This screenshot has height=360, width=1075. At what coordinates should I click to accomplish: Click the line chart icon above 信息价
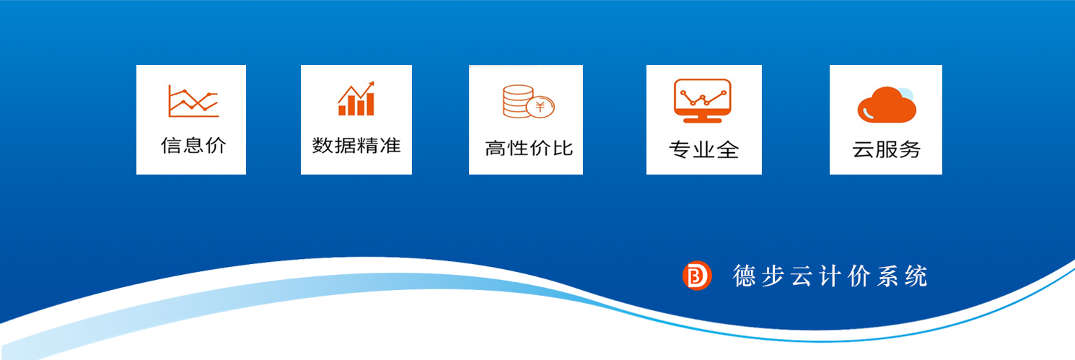(193, 101)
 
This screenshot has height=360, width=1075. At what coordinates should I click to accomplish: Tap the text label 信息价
(193, 146)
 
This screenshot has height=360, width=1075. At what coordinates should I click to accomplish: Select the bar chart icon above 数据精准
(356, 98)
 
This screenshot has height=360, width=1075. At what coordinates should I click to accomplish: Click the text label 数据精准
(356, 146)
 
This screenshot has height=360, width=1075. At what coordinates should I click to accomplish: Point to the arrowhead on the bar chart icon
(370, 85)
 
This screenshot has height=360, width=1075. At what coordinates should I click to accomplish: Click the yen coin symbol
(540, 106)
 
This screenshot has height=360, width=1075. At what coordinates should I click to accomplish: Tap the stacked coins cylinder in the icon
(517, 101)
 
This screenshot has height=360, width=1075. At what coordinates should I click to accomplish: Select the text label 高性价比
(529, 149)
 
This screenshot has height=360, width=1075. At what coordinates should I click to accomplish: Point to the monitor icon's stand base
(703, 120)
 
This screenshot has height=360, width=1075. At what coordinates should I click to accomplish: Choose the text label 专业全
(704, 150)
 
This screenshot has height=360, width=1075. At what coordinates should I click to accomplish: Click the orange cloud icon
(887, 105)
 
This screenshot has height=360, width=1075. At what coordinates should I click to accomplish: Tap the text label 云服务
(887, 149)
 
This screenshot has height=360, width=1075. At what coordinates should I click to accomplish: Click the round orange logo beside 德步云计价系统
(697, 276)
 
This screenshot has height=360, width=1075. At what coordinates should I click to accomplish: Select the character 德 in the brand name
(744, 276)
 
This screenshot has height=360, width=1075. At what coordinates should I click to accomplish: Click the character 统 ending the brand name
(916, 276)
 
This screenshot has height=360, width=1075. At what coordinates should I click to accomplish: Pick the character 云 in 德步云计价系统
(802, 276)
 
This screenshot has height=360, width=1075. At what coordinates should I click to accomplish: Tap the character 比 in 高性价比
(563, 149)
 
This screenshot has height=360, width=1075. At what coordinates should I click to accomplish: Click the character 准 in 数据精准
(390, 146)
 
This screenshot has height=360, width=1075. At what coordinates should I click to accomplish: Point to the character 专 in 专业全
(680, 150)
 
